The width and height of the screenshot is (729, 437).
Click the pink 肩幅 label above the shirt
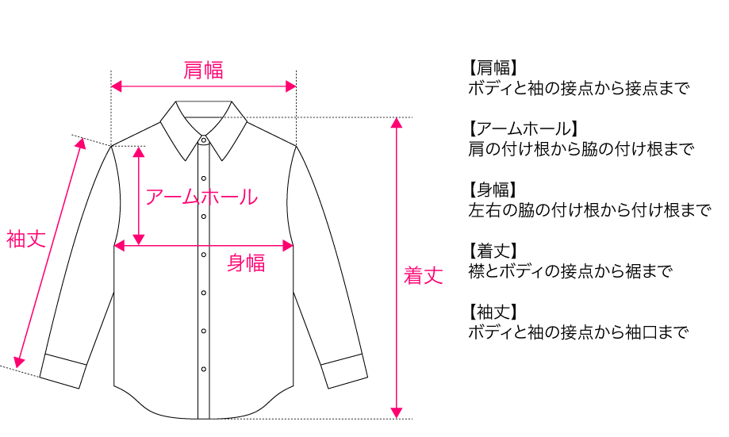[x=204, y=71]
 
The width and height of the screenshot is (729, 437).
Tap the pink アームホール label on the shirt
[x=201, y=197]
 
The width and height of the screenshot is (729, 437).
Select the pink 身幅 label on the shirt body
[x=246, y=263]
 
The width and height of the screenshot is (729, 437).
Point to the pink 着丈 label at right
[x=423, y=276]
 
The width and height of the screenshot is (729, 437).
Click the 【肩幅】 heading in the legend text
[x=493, y=67]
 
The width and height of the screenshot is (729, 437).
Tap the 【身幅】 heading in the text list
[x=493, y=190]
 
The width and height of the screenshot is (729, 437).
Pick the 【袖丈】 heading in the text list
[x=493, y=312]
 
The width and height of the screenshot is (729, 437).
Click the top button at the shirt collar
[x=204, y=140]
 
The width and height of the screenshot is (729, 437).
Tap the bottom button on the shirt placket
[x=204, y=369]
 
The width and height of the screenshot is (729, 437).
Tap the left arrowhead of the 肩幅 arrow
[x=116, y=86]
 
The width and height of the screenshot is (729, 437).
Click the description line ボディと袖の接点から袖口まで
[x=577, y=332]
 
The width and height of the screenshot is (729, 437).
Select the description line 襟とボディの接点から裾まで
[x=570, y=271]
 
